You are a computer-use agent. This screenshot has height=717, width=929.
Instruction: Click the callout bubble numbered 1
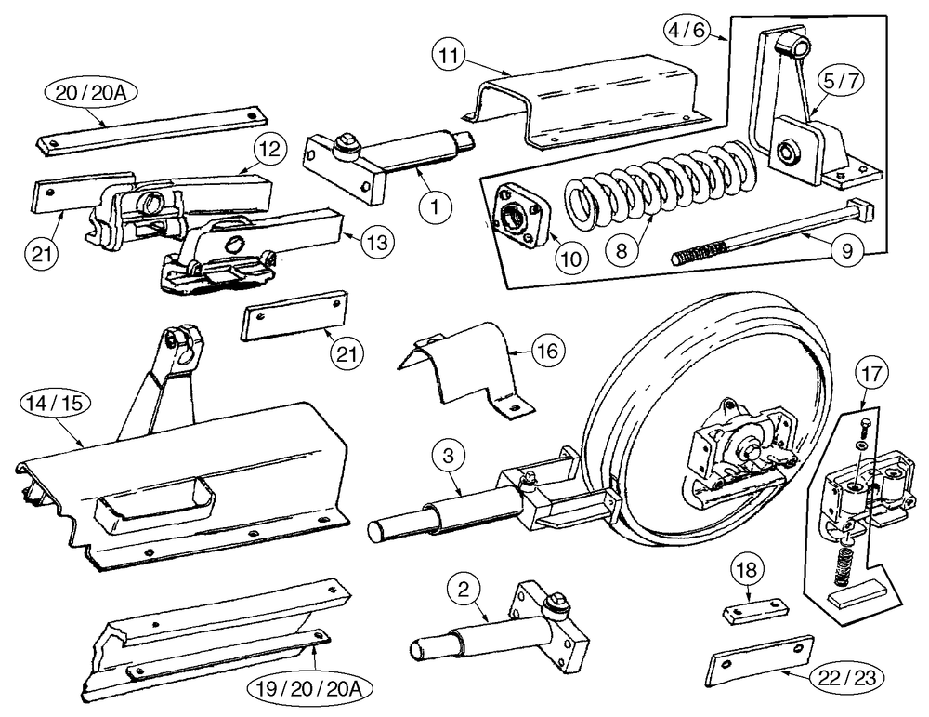point(433,207)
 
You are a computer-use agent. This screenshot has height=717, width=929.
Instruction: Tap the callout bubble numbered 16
point(547,352)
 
